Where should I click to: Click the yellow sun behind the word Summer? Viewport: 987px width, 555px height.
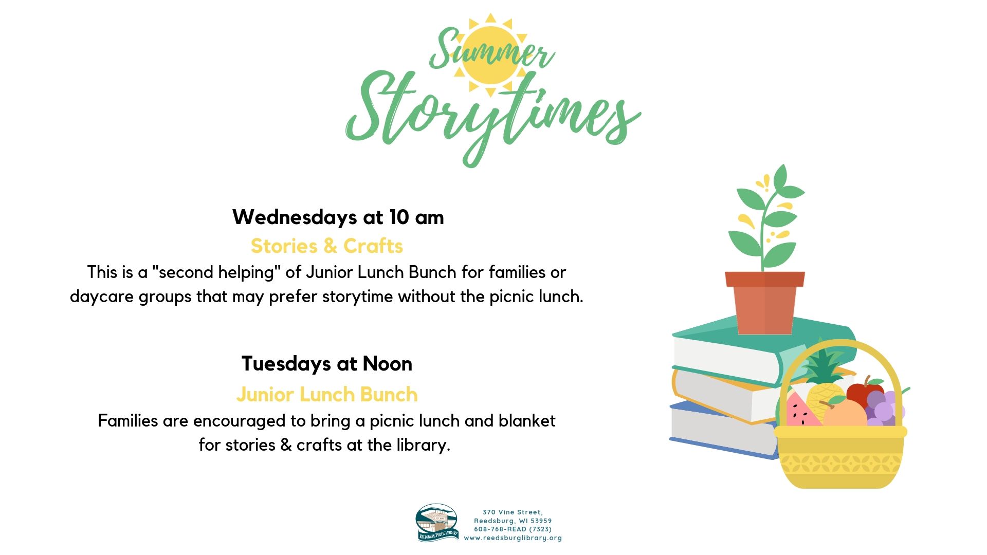click(x=491, y=55)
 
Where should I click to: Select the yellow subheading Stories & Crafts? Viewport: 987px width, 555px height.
click(x=327, y=246)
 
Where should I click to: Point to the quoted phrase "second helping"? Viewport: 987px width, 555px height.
click(x=216, y=272)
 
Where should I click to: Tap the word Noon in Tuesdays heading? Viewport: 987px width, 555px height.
click(x=388, y=364)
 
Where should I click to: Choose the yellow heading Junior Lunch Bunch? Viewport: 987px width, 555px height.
click(x=327, y=395)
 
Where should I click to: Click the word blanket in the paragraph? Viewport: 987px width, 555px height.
click(x=527, y=421)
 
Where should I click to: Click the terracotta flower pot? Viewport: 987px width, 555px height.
click(x=765, y=303)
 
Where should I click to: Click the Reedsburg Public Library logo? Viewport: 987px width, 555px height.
click(x=437, y=523)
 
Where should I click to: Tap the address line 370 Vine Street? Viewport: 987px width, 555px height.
click(x=513, y=512)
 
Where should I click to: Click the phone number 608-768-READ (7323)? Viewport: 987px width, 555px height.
click(x=513, y=529)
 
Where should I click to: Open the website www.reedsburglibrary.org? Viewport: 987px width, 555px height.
click(x=513, y=538)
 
